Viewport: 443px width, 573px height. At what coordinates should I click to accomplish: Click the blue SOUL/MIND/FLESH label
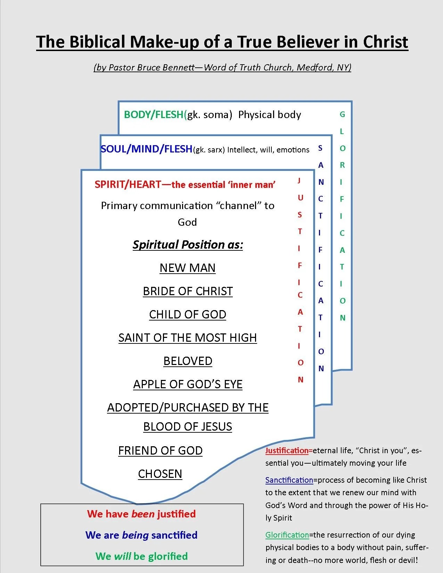(x=146, y=149)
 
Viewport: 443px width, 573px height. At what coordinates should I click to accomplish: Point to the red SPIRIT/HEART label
(x=128, y=184)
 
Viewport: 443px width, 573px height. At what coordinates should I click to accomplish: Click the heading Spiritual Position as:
(x=188, y=244)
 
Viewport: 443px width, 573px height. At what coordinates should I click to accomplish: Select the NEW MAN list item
(x=188, y=268)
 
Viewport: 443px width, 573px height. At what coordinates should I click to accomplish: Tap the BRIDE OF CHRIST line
(x=188, y=291)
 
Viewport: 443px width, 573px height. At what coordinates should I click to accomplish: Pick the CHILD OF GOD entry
(x=188, y=314)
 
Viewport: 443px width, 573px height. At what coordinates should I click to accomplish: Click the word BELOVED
(x=188, y=361)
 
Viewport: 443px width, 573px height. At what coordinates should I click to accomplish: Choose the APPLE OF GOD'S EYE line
(x=188, y=384)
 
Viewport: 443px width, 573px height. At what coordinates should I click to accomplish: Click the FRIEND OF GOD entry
(x=160, y=450)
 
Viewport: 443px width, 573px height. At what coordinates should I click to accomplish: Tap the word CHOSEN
(x=160, y=474)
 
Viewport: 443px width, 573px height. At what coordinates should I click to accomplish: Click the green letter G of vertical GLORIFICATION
(x=342, y=114)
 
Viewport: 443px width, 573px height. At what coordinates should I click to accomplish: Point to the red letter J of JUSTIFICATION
(x=299, y=180)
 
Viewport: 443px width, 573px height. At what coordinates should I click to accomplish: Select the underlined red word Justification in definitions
(x=287, y=450)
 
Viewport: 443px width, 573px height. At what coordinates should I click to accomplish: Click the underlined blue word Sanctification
(x=289, y=480)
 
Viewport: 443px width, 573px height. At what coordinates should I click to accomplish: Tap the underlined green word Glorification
(x=287, y=535)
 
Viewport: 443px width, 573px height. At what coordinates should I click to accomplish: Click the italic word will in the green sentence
(x=122, y=556)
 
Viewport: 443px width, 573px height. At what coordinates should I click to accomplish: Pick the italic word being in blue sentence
(x=135, y=535)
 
